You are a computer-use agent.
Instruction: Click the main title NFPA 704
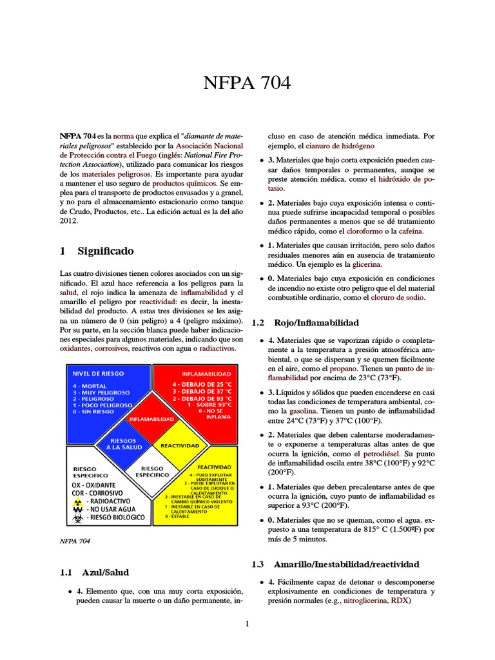[247, 82]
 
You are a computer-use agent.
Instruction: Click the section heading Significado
[106, 251]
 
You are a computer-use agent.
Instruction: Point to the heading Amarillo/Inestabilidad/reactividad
[346, 564]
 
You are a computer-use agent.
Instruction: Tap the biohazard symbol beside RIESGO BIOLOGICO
[78, 517]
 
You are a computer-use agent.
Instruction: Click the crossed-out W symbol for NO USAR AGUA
[78, 508]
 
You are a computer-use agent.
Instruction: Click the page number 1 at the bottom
[247, 624]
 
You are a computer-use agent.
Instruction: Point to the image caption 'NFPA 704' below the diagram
[75, 541]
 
